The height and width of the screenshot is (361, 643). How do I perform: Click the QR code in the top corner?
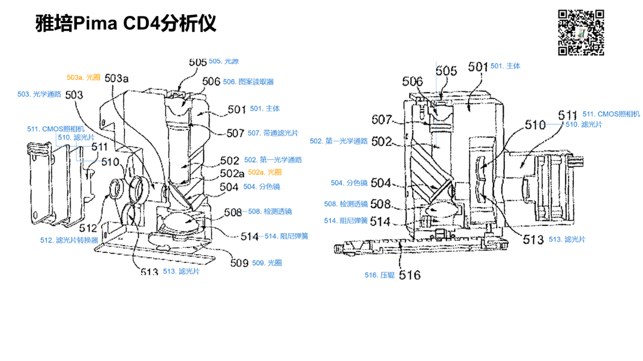(581, 33)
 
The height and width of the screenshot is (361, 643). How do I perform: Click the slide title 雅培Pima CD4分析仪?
(126, 24)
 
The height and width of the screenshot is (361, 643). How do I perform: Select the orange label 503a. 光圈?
(84, 77)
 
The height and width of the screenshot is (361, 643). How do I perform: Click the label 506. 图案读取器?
(248, 82)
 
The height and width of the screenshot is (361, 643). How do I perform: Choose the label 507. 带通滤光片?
(273, 133)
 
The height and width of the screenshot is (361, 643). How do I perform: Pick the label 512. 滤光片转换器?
(68, 241)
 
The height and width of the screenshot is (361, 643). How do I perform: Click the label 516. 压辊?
(379, 275)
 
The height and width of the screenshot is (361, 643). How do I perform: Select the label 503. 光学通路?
(39, 94)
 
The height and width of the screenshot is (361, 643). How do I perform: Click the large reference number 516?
(410, 275)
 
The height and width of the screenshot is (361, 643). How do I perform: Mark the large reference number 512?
(88, 227)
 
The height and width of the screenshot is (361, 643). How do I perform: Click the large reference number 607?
(382, 120)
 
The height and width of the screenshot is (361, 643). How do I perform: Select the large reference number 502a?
(232, 173)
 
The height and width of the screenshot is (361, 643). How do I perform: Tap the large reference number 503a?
(117, 78)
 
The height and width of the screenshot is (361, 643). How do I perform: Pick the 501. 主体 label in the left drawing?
(265, 109)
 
